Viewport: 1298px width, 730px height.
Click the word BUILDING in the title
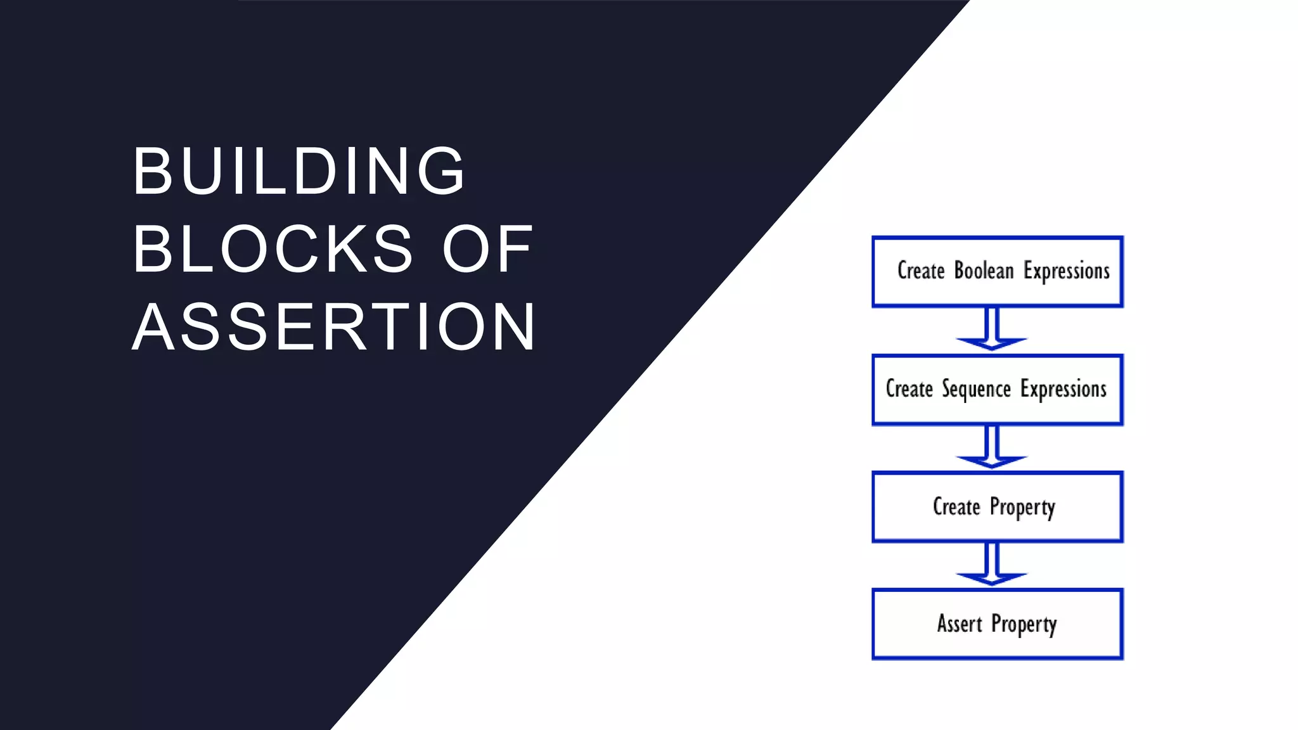coord(299,171)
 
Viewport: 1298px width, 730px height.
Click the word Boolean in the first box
coord(984,271)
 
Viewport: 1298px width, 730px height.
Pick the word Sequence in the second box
coord(976,389)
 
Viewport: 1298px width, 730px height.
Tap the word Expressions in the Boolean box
coord(1067,271)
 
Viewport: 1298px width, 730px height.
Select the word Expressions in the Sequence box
coord(1063,389)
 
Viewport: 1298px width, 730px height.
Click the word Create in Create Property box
coord(956,506)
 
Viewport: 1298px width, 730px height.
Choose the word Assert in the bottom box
coord(960,624)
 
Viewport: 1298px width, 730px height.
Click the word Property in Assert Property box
coord(1024,625)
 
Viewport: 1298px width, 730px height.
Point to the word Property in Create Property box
coord(1022,508)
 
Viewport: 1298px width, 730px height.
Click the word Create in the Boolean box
coord(921,271)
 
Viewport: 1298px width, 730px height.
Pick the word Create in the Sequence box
coord(909,388)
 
